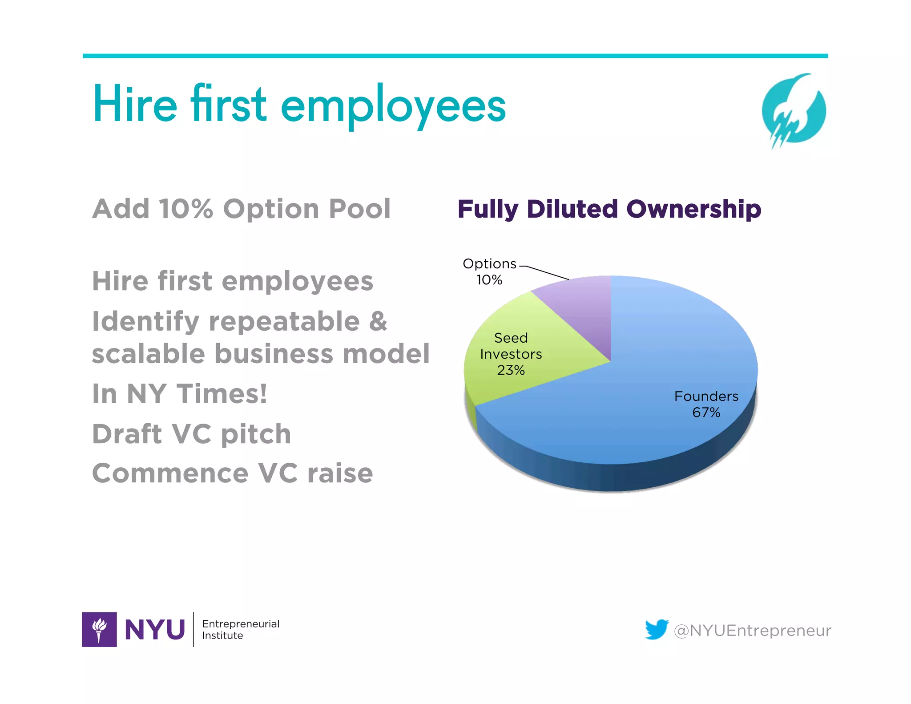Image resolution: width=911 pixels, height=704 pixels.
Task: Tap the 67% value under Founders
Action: pos(706,413)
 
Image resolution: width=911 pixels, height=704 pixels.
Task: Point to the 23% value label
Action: pos(511,370)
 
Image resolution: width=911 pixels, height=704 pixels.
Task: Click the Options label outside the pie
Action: pos(489,264)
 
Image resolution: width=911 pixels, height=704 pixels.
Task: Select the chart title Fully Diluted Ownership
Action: pos(609,209)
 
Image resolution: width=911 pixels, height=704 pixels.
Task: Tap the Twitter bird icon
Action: pos(657,629)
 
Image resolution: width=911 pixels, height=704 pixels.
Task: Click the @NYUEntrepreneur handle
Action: pos(752,631)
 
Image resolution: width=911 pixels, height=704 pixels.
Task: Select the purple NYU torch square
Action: pos(99,629)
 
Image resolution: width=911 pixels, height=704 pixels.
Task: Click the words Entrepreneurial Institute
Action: pos(241,629)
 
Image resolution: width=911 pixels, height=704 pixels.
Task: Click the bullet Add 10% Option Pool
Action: pos(241,209)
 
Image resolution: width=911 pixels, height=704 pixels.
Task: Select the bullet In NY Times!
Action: pos(180,394)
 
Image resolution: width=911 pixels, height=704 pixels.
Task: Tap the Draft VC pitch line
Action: pos(191,434)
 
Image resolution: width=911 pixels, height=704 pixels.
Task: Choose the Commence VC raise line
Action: pos(232,473)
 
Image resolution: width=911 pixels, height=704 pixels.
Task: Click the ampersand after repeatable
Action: pos(378,321)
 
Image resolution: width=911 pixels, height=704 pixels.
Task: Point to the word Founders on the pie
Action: pos(706,396)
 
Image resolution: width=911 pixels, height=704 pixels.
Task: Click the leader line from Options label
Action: pos(545,272)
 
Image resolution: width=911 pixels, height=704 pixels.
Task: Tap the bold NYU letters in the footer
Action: pos(155,630)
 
